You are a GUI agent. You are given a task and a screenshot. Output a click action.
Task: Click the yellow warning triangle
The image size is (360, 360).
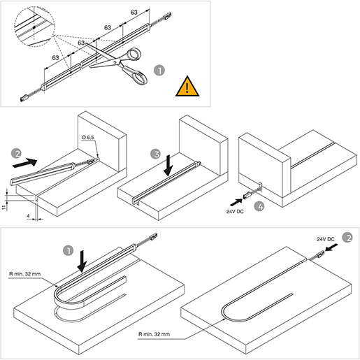[187, 87]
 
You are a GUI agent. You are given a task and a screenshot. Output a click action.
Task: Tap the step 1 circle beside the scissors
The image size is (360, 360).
[159, 71]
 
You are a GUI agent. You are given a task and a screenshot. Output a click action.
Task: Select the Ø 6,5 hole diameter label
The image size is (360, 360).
[88, 138]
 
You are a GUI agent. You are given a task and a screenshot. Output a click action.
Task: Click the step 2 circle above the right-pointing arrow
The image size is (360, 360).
[17, 153]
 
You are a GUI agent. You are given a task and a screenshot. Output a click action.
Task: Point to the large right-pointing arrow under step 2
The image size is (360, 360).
[25, 162]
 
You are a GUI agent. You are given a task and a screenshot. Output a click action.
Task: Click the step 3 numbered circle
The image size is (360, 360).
[155, 154]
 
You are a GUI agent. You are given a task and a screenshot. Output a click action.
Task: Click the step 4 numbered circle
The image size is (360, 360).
[259, 206]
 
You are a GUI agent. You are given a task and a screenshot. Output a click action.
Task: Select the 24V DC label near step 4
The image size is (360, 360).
[235, 212]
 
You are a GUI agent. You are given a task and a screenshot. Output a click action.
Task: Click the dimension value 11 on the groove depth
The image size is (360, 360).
[4, 208]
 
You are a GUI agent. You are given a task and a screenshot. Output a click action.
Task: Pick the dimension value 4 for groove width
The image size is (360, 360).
[28, 216]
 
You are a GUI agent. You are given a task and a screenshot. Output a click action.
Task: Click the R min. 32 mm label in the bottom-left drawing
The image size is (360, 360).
[25, 274]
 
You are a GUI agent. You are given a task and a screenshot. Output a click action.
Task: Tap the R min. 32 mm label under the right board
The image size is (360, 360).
[154, 334]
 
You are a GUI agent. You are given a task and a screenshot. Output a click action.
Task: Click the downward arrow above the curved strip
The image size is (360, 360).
[82, 261]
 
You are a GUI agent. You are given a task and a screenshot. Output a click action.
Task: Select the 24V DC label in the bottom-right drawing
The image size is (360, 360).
[326, 239]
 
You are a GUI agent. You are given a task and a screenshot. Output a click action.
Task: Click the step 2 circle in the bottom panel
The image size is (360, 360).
[347, 238]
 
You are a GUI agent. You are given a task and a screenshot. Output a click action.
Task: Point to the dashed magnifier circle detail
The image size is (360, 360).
[35, 27]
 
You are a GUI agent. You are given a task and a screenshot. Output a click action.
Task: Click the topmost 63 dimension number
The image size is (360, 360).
[134, 12]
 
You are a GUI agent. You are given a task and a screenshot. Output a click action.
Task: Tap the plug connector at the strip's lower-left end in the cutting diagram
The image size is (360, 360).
[24, 98]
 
